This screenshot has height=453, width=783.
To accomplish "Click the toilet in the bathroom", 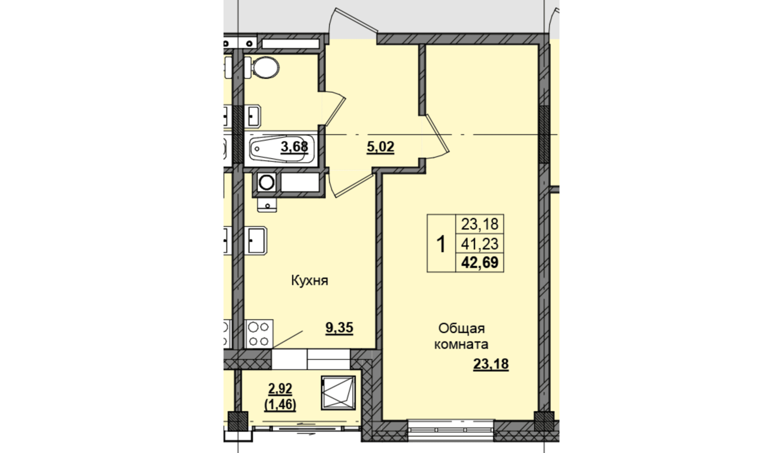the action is click(x=262, y=67).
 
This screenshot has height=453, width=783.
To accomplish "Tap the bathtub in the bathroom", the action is click(x=281, y=150).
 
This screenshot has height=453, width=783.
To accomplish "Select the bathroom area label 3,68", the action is click(x=294, y=147).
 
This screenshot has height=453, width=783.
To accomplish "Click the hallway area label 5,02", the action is click(x=380, y=147).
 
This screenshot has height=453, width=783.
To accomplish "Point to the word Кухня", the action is click(x=310, y=281).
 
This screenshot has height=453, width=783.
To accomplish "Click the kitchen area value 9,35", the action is click(x=339, y=328).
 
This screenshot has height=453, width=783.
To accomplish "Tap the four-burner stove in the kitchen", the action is click(x=259, y=334).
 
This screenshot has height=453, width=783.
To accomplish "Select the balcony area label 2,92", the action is click(x=280, y=388).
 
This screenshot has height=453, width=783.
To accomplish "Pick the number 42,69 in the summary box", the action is click(x=480, y=262).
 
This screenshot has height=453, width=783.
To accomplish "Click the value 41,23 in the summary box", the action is click(x=480, y=243).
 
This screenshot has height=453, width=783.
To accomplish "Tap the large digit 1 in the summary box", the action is click(x=441, y=244).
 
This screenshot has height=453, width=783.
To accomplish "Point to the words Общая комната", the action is click(x=461, y=336).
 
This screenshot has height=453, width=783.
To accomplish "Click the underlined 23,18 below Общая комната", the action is click(x=491, y=364).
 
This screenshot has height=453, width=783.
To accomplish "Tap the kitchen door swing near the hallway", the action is click(x=351, y=185).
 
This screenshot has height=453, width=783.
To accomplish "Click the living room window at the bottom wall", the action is click(x=451, y=431).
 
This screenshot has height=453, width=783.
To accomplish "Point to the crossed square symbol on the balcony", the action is click(x=338, y=393).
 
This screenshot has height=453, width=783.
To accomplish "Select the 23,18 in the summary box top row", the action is click(x=480, y=224).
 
